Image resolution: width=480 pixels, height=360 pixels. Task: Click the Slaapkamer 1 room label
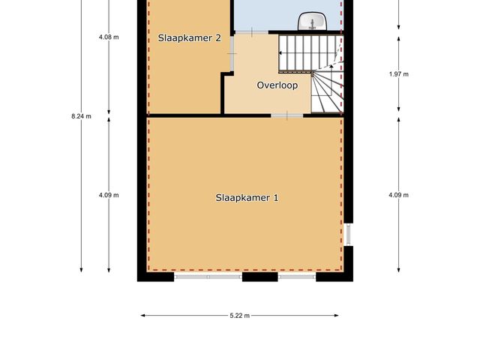(247, 198)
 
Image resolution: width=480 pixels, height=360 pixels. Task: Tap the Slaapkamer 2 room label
(189, 37)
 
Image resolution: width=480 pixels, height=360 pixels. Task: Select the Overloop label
(277, 85)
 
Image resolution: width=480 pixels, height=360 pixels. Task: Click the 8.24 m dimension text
(81, 116)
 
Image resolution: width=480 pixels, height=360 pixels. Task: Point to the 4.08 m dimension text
(109, 37)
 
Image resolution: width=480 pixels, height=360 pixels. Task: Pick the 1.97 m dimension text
(398, 73)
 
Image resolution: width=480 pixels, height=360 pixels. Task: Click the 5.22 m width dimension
(240, 316)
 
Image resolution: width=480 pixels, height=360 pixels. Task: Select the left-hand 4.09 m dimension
(109, 195)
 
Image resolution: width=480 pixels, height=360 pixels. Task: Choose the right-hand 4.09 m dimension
(398, 195)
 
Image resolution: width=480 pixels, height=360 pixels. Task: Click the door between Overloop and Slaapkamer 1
(287, 115)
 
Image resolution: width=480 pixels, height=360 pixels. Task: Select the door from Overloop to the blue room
(252, 31)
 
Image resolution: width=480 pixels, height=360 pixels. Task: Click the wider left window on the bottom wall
(208, 277)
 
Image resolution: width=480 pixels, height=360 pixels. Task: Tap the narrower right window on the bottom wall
(297, 277)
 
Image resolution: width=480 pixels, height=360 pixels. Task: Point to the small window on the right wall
(347, 234)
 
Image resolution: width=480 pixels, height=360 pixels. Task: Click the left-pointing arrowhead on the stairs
(282, 52)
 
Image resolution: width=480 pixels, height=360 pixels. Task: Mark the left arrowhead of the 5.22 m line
(143, 316)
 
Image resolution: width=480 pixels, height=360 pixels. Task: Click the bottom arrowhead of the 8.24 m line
(81, 269)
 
